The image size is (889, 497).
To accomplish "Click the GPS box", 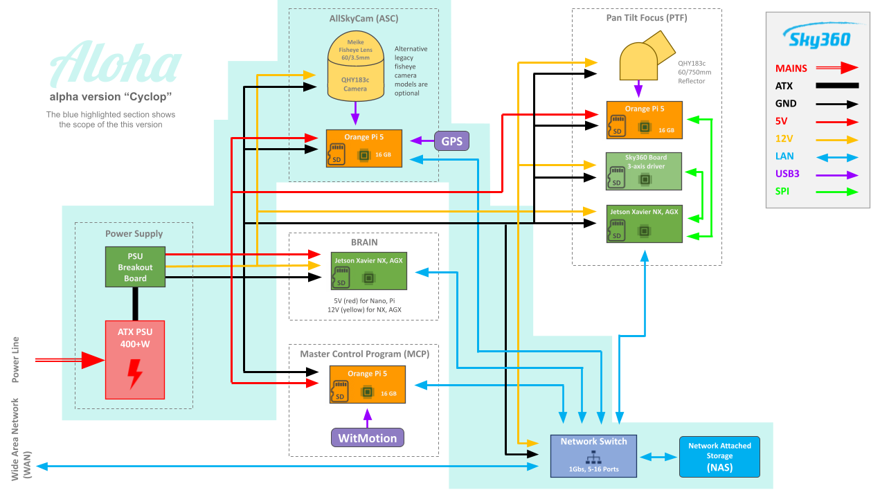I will (451, 141).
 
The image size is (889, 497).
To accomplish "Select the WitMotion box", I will (367, 437).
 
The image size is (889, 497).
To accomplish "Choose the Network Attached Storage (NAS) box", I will (719, 457).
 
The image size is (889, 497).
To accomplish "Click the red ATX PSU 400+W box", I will (135, 359).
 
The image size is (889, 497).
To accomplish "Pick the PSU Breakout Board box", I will (135, 267).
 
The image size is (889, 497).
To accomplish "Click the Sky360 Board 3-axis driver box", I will (644, 171).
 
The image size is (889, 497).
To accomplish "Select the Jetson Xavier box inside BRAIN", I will (368, 270).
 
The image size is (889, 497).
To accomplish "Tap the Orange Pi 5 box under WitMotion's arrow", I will (367, 385).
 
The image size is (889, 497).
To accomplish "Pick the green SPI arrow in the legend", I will (836, 192).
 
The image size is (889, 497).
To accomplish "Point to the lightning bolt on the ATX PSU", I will (135, 373).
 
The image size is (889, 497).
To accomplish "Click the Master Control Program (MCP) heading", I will (364, 354).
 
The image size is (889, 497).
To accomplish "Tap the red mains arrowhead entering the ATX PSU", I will (93, 360).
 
